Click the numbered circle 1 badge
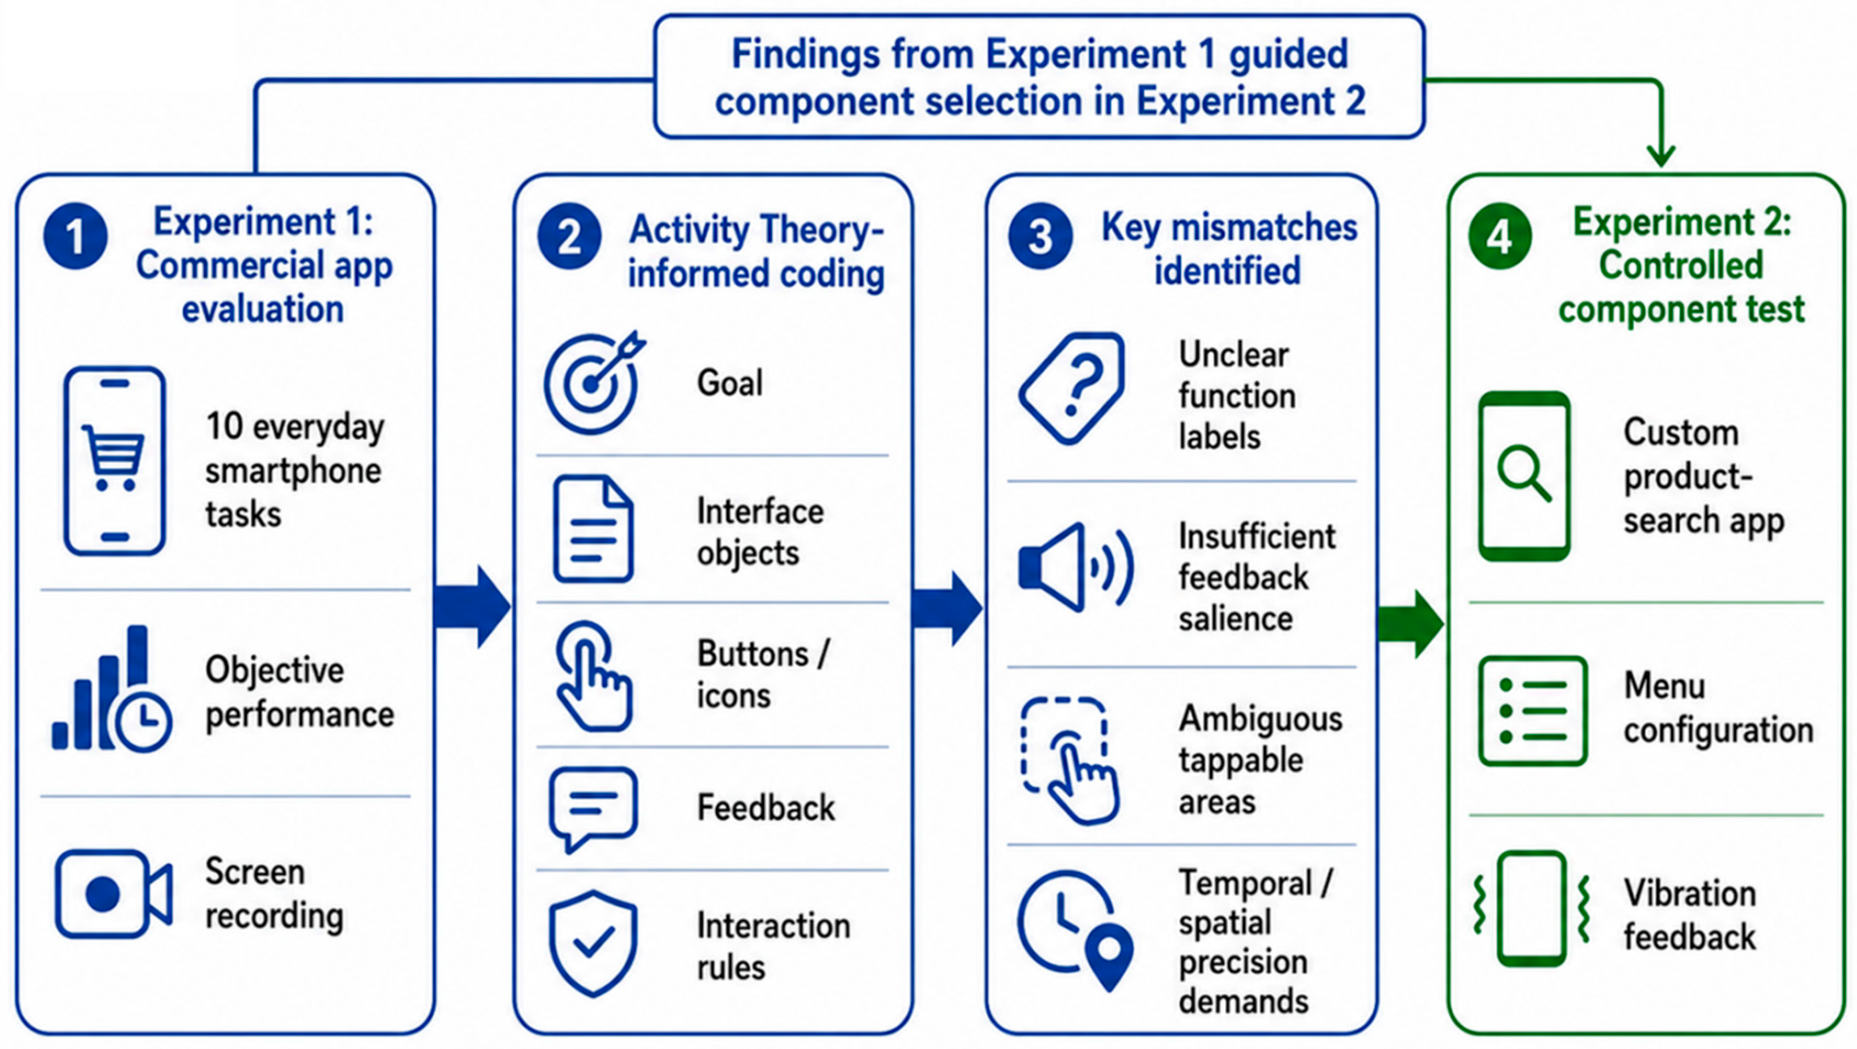coord(75,237)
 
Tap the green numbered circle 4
coord(1499,237)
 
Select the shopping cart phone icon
coord(114,461)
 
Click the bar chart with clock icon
coord(112,689)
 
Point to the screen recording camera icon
coord(114,894)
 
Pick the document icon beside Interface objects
coord(593,528)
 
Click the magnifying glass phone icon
coord(1524,476)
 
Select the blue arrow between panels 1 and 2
coord(473,607)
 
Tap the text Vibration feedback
coord(1690,916)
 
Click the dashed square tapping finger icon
coord(1070,761)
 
